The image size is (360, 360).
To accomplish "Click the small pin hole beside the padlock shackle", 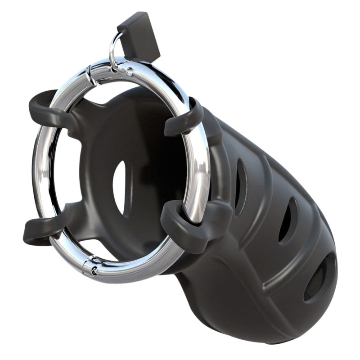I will click(x=130, y=71).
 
